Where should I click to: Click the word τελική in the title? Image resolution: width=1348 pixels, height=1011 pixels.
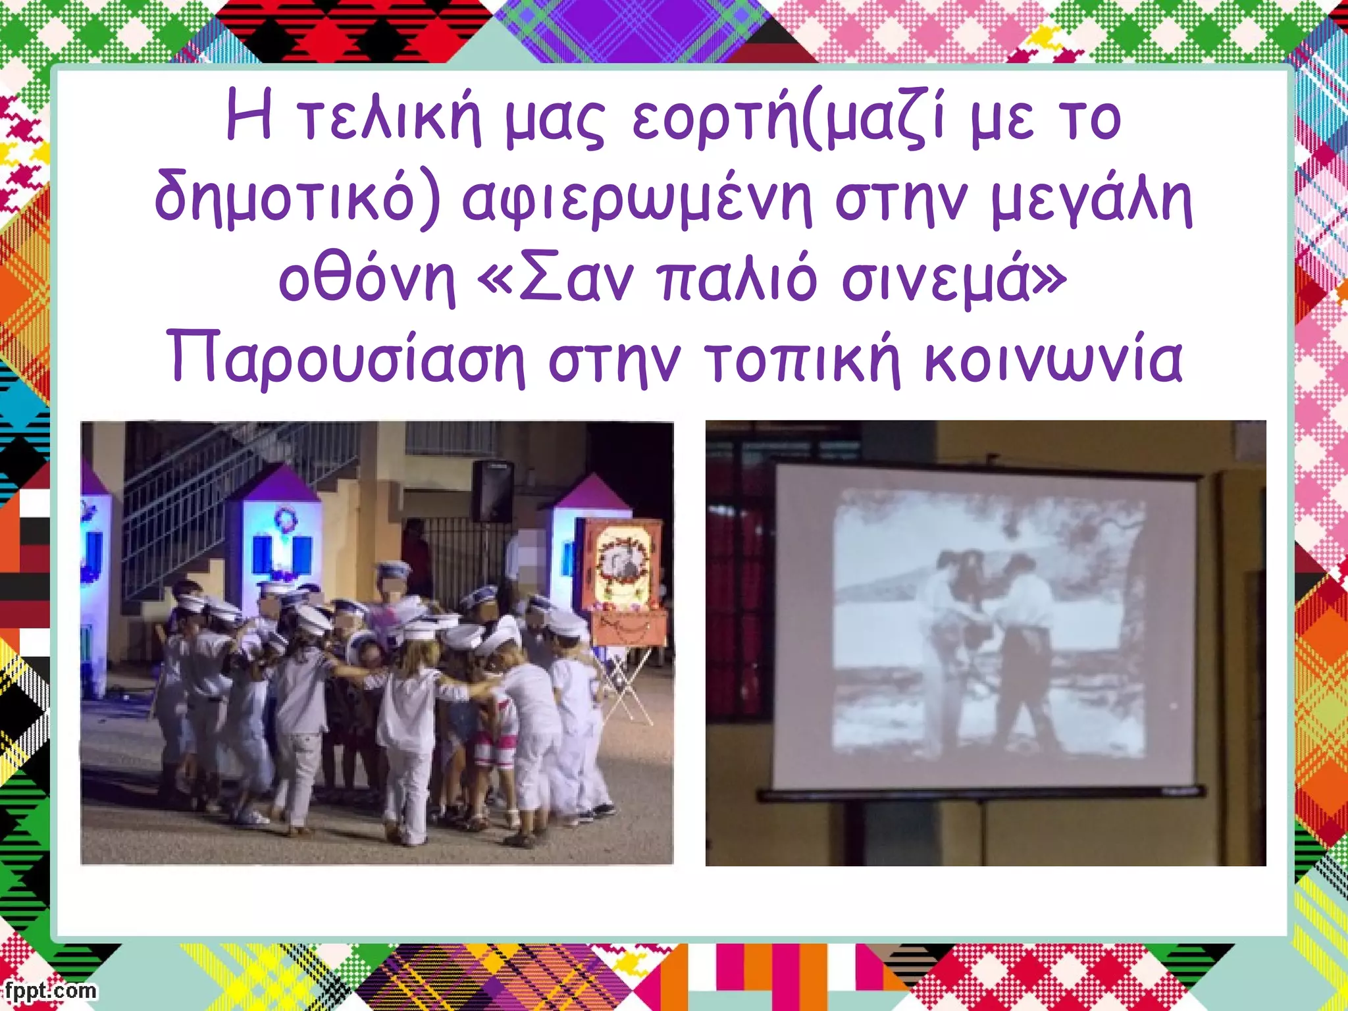[x=388, y=122]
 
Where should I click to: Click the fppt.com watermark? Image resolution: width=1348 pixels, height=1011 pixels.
[x=49, y=991]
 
